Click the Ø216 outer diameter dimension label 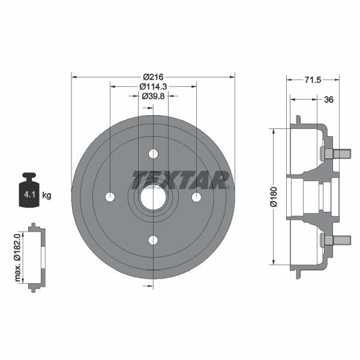coord(153,77)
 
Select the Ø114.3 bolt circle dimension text coord(153,86)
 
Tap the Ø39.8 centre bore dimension coord(153,96)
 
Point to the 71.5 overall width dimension coord(313,79)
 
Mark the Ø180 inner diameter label coord(273,196)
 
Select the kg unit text coord(47,196)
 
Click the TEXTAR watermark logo coord(180,179)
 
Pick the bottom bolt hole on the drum coord(153,241)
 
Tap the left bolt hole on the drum coord(110,197)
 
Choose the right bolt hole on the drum coord(196,197)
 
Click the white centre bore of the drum coord(153,197)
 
